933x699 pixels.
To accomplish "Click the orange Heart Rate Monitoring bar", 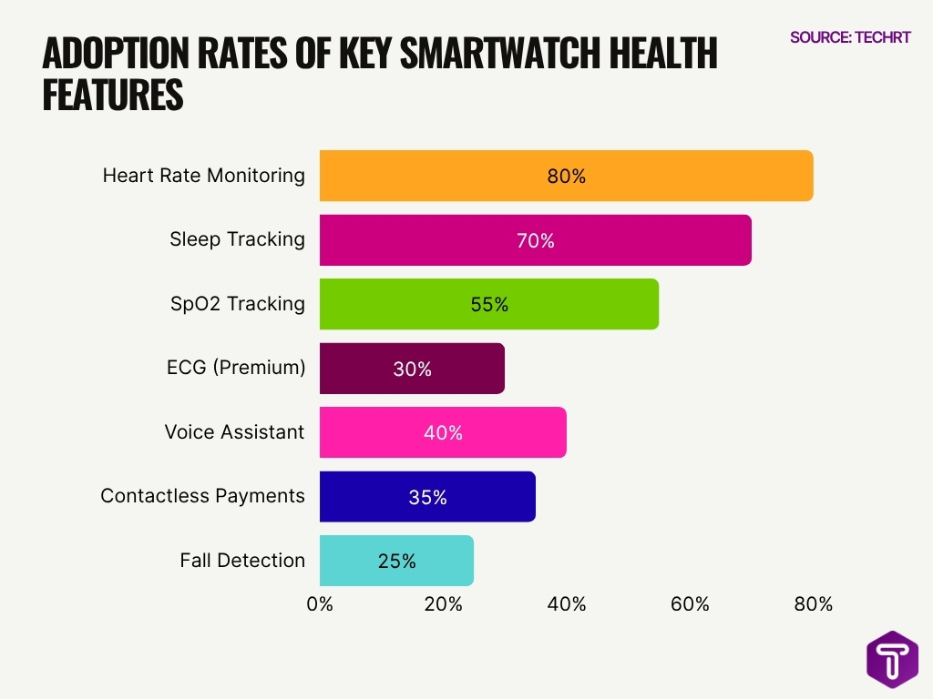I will pyautogui.click(x=566, y=176).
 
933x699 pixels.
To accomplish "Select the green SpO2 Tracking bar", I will pyautogui.click(x=488, y=305).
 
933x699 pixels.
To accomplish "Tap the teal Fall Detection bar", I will pyautogui.click(x=396, y=561).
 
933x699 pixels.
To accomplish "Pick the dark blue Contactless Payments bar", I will pyautogui.click(x=427, y=497).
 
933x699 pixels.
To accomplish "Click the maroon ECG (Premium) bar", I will pyautogui.click(x=412, y=369).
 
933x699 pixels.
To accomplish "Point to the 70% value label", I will pyautogui.click(x=535, y=241).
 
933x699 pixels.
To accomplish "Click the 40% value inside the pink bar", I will pyautogui.click(x=443, y=433).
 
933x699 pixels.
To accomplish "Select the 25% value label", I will pyautogui.click(x=396, y=562).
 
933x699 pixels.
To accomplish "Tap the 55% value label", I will pyautogui.click(x=489, y=305).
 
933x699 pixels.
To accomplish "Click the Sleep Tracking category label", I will pyautogui.click(x=237, y=239).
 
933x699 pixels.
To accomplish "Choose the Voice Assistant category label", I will pyautogui.click(x=234, y=431).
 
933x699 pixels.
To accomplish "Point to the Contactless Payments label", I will pyautogui.click(x=202, y=496).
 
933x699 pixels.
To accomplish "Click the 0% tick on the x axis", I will pyautogui.click(x=320, y=604).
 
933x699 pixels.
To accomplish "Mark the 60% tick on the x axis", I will pyautogui.click(x=690, y=604).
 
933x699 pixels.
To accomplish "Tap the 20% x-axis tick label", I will pyautogui.click(x=443, y=604).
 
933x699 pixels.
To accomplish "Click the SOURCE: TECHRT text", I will pyautogui.click(x=849, y=37).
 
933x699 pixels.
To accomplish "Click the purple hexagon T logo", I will pyautogui.click(x=891, y=659).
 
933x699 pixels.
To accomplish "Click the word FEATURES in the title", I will pyautogui.click(x=113, y=96).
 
